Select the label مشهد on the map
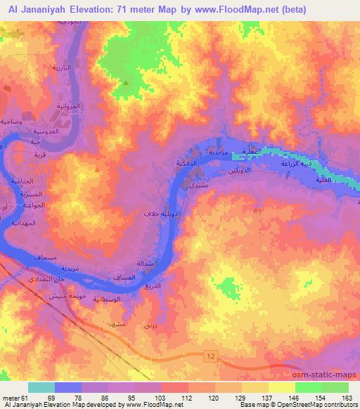pos(115,325)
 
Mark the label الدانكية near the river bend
pos(186,162)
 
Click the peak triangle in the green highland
pos(126,84)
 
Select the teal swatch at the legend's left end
pos(41,387)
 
